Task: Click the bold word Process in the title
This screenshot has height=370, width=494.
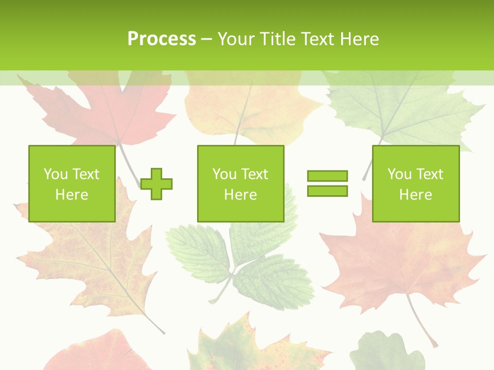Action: [162, 39]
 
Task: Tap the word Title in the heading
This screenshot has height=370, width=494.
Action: [276, 39]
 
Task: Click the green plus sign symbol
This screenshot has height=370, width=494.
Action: [156, 183]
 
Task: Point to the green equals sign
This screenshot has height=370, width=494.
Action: [327, 183]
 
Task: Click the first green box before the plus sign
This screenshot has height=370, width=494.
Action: [72, 183]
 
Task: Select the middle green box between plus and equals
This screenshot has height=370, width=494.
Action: [240, 183]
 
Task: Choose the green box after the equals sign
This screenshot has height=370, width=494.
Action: [416, 183]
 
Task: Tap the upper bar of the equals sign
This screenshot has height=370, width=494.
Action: [327, 176]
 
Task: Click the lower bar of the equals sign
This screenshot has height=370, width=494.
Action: [327, 191]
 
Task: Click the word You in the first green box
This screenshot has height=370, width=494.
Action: [56, 174]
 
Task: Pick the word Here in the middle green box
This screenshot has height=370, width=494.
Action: [240, 195]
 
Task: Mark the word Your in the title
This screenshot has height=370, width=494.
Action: [237, 39]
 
